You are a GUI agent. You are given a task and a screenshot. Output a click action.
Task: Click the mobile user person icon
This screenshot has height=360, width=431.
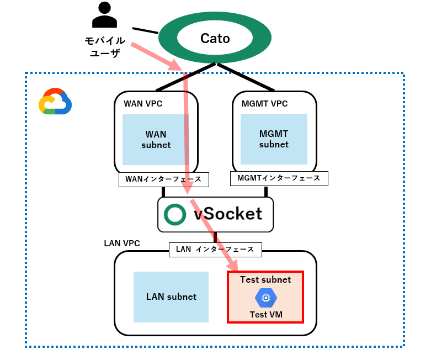pyautogui.click(x=104, y=15)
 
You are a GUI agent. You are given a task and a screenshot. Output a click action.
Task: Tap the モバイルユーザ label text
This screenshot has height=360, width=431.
pyautogui.click(x=104, y=47)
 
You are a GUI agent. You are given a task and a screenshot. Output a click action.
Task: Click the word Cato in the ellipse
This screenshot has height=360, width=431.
pyautogui.click(x=215, y=38)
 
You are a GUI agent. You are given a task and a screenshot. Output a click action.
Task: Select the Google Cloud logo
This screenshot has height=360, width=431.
pyautogui.click(x=55, y=102)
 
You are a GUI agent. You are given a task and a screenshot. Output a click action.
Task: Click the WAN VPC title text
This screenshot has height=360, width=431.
pyautogui.click(x=143, y=103)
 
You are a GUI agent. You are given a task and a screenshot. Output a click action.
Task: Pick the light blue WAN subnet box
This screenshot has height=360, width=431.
pyautogui.click(x=155, y=140)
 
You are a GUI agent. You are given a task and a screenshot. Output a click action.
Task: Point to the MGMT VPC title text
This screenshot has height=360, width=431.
pyautogui.click(x=264, y=103)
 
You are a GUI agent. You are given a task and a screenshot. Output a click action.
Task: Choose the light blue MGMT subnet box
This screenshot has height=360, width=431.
pyautogui.click(x=274, y=139)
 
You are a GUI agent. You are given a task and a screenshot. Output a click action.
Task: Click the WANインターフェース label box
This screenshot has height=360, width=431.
pyautogui.click(x=164, y=179)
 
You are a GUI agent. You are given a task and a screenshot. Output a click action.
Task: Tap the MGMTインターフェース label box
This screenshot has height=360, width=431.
pyautogui.click(x=279, y=178)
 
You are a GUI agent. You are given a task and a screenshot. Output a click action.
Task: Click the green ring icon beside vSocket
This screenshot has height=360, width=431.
pyautogui.click(x=175, y=214)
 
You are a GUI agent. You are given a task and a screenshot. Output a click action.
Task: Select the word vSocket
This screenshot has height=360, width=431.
pyautogui.click(x=228, y=214)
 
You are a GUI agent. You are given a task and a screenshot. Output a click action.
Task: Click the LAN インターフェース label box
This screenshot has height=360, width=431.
pyautogui.click(x=215, y=250)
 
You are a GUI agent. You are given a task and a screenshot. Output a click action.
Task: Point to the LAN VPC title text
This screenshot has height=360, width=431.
pyautogui.click(x=122, y=243)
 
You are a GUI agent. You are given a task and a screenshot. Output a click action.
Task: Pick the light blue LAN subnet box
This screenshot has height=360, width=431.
pyautogui.click(x=171, y=297)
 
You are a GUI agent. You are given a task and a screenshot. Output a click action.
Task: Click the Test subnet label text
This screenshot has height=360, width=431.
pyautogui.click(x=265, y=280)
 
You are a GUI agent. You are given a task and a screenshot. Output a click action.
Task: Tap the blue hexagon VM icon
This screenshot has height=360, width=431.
pyautogui.click(x=265, y=298)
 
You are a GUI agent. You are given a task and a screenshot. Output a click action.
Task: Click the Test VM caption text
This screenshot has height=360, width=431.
pyautogui.click(x=265, y=315)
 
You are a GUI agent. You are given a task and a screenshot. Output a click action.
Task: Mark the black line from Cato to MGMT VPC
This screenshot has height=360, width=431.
pyautogui.click(x=246, y=77)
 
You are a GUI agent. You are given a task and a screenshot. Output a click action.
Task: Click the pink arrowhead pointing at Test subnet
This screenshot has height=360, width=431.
pyautogui.click(x=233, y=267)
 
